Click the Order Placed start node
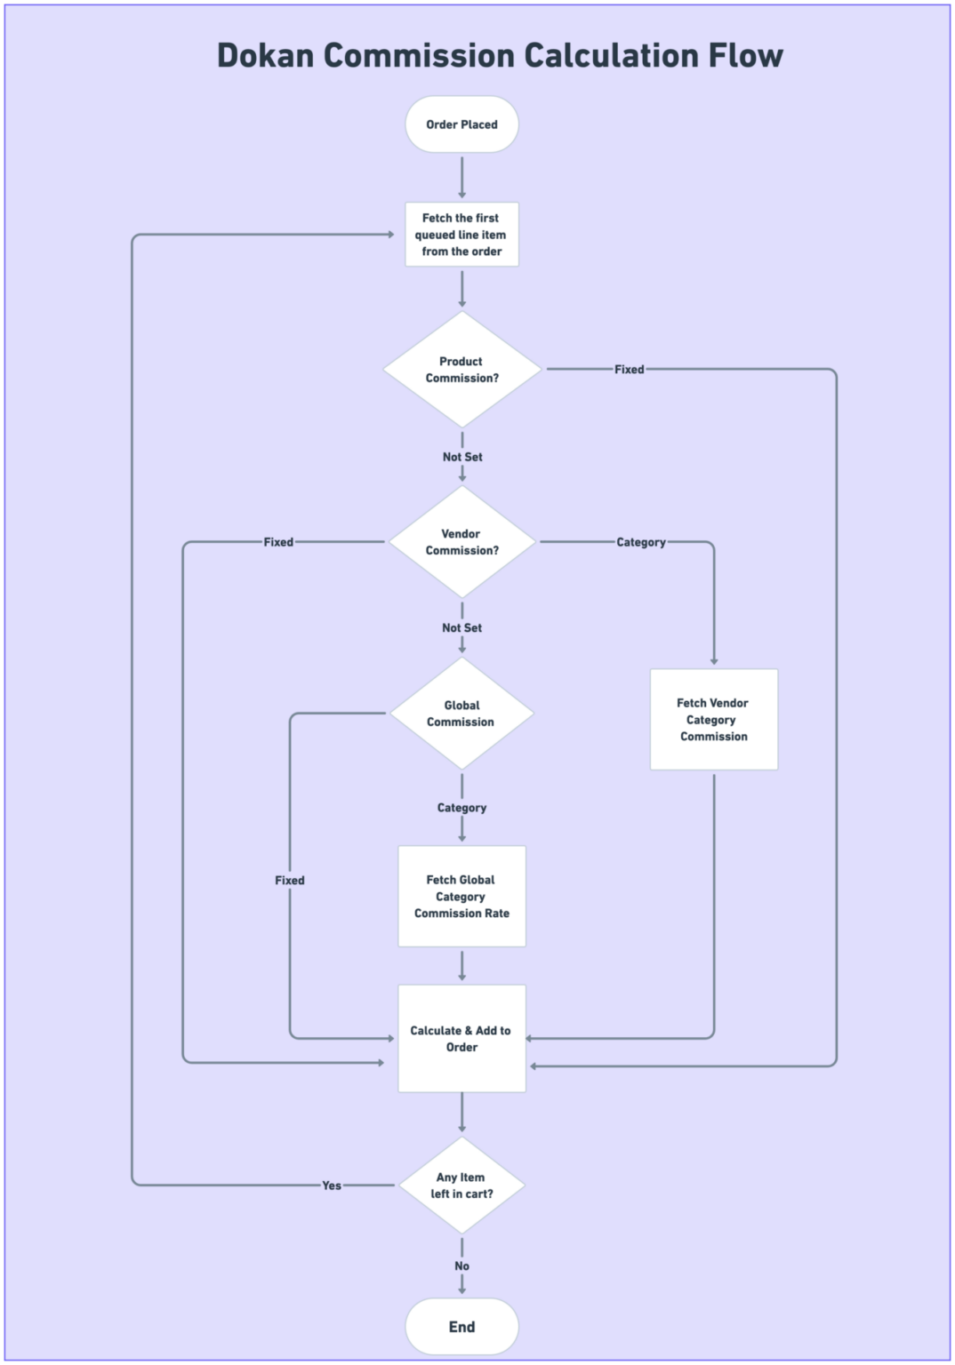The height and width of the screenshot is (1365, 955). tap(461, 124)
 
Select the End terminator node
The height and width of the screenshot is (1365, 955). tap(461, 1327)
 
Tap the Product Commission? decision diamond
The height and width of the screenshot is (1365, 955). tap(461, 370)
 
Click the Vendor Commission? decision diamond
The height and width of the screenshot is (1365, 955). tap(461, 542)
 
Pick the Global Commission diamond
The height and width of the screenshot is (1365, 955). tap(461, 714)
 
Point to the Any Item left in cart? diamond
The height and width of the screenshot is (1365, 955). tap(461, 1185)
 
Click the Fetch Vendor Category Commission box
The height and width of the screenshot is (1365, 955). tap(713, 720)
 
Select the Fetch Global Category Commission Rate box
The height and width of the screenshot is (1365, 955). tap(461, 896)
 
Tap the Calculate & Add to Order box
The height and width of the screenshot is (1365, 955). tap(461, 1038)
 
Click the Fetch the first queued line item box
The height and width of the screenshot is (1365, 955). tap(461, 235)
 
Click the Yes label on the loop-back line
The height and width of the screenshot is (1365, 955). tap(332, 1185)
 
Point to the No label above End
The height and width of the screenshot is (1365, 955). tap(461, 1266)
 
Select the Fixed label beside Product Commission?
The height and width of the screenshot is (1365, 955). tap(629, 370)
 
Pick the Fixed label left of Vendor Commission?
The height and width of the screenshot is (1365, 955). tap(278, 542)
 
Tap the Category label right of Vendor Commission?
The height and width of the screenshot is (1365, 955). tap(641, 542)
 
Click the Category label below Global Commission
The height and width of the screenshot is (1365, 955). tap(461, 808)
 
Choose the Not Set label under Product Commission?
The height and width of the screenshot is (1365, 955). tap(462, 457)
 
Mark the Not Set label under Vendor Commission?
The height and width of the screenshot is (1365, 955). tap(461, 627)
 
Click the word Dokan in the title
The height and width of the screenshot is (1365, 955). tap(265, 55)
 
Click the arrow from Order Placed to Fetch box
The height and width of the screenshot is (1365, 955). tap(461, 178)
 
